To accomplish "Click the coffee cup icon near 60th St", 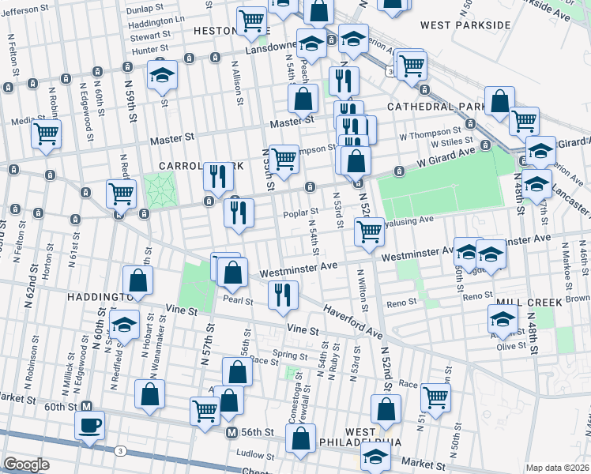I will click(89, 425).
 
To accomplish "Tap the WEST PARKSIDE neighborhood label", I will click(465, 25).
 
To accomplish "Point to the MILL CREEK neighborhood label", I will click(529, 303).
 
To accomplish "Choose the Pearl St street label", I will click(238, 301).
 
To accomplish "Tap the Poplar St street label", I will click(300, 212).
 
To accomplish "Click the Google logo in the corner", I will click(26, 465).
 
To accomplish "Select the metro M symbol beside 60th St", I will click(88, 406).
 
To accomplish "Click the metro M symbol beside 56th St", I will click(232, 432).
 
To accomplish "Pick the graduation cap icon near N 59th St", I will click(163, 74).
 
